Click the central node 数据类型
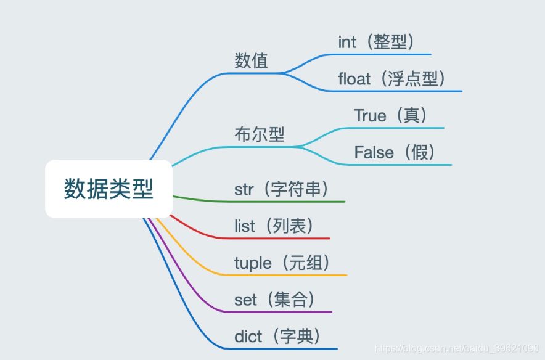point(109,189)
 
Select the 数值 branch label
point(252,61)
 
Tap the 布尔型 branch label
point(260,134)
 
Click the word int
point(347,42)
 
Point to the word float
point(354,79)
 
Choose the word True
point(370,116)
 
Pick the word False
point(374,153)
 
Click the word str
point(244,189)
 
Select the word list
point(244,226)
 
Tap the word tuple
point(253,263)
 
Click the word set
point(245,300)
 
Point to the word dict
point(248,337)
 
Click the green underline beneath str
point(290,202)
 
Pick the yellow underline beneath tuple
point(290,275)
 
